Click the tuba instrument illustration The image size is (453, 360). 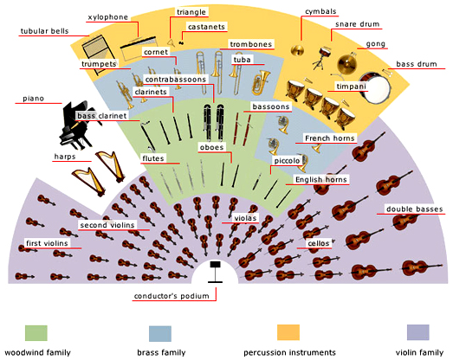[x=261, y=82]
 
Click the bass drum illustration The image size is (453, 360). [x=374, y=87]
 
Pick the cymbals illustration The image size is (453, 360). [x=297, y=51]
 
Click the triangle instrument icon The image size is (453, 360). [x=171, y=42]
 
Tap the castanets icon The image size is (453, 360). [x=182, y=43]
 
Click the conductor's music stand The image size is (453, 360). [x=215, y=272]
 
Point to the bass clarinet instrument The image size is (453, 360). [x=148, y=137]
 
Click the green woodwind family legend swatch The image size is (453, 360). [x=36, y=333]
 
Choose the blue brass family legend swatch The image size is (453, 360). [x=160, y=333]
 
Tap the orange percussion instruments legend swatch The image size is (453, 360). [x=288, y=332]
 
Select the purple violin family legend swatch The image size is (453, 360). [x=418, y=332]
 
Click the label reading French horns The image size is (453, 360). [x=330, y=138]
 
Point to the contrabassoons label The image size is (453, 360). [x=176, y=80]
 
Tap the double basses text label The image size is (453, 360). [x=414, y=209]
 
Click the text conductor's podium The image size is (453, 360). [x=171, y=296]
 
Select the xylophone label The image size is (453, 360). [x=107, y=17]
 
